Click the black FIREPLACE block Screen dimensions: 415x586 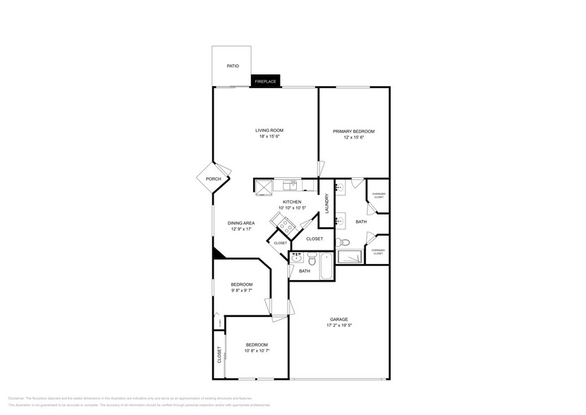tap(265, 81)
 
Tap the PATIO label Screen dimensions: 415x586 tap(232, 66)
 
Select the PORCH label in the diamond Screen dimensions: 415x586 tap(213, 179)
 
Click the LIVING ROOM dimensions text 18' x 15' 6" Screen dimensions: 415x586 tap(269, 137)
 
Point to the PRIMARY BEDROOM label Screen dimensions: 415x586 tap(353, 131)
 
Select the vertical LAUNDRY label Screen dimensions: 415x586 tap(326, 204)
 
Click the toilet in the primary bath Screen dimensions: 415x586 tap(343, 243)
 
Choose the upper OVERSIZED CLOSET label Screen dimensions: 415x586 tap(378, 196)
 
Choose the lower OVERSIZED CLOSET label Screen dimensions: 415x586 tap(378, 251)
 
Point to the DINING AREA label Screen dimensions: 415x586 tap(240, 223)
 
